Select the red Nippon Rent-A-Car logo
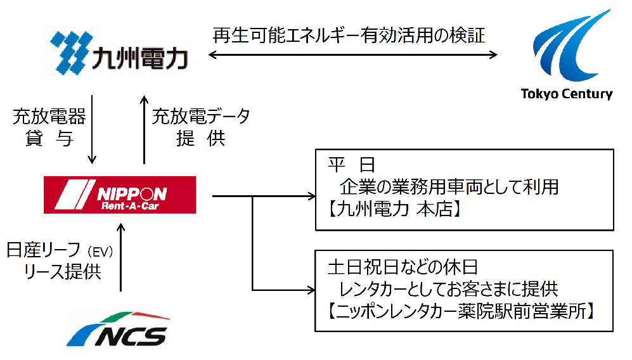120,195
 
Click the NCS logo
119,329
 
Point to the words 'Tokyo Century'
567,94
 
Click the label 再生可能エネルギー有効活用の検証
349,35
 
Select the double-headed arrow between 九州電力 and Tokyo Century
352,56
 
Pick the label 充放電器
49,117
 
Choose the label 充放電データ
201,117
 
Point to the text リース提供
62,272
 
